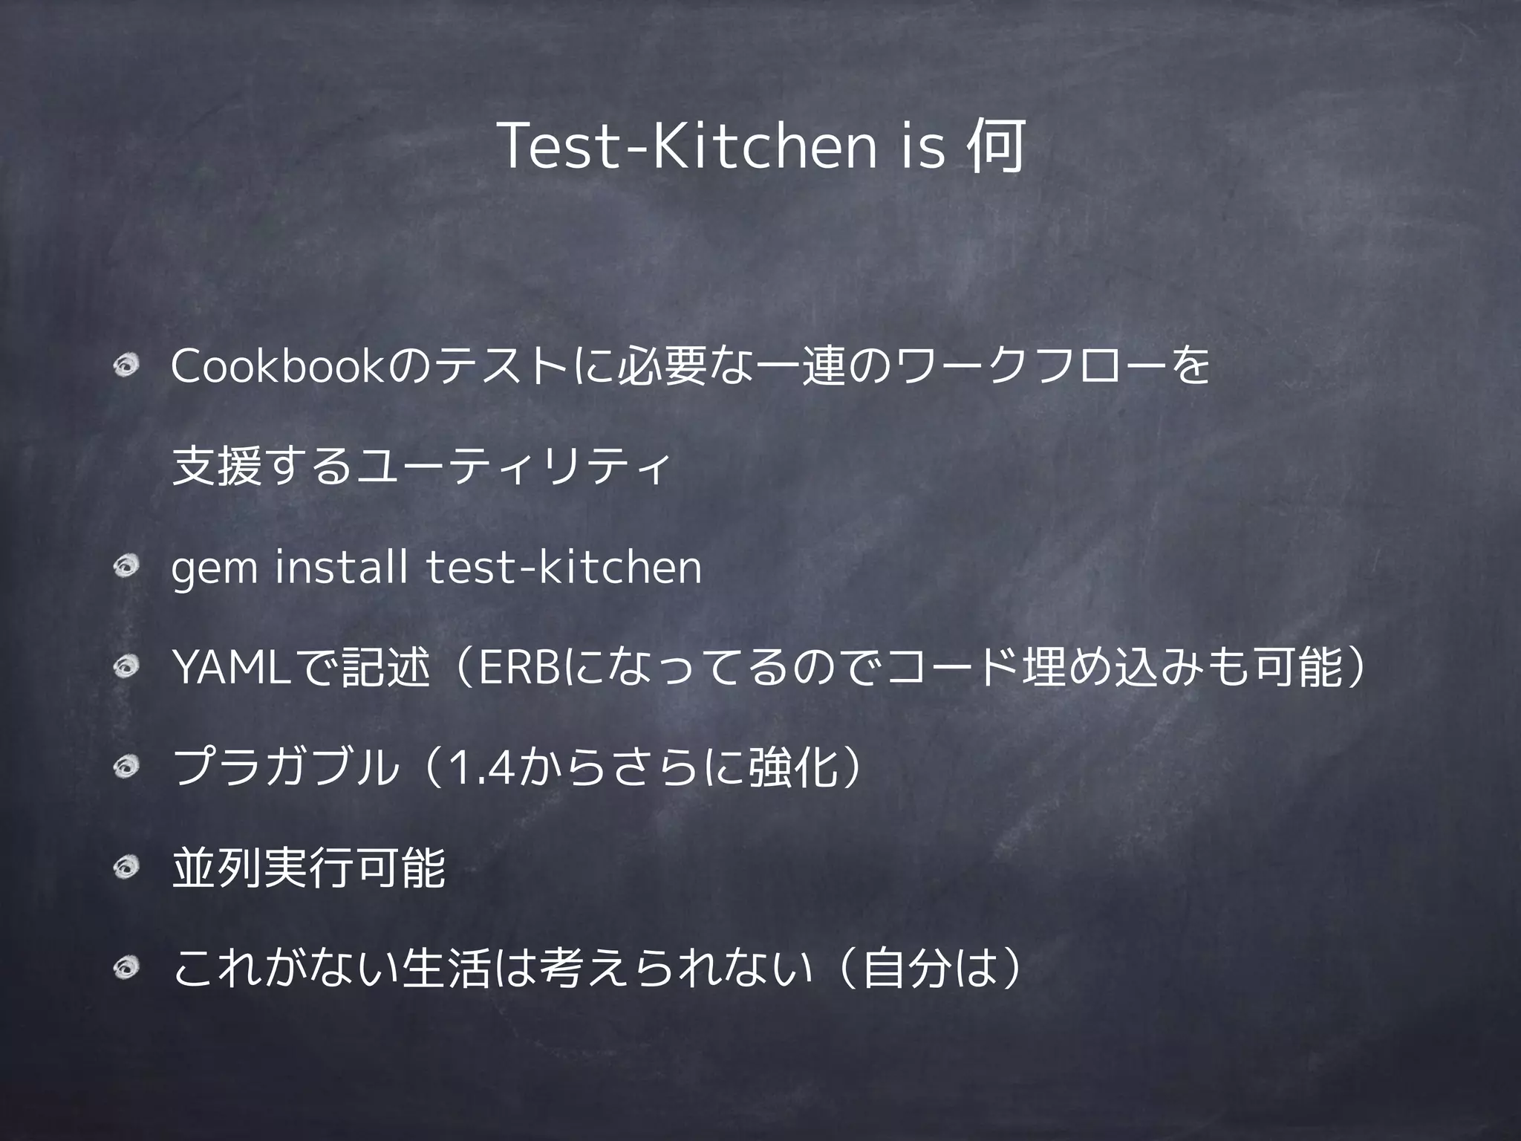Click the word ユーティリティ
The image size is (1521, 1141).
[513, 467]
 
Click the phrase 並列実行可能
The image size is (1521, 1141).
[308, 869]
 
